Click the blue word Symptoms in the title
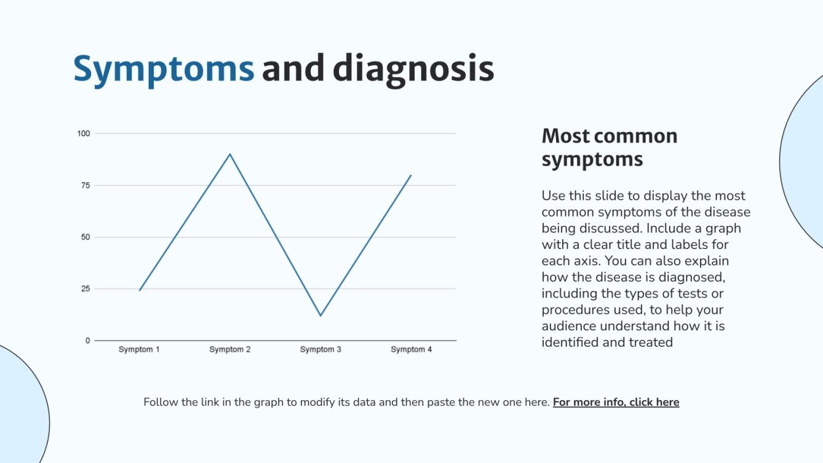[x=164, y=69]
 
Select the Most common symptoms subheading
[x=609, y=147]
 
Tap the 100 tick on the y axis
[x=83, y=133]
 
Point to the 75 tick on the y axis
[x=85, y=185]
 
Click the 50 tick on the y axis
[x=85, y=237]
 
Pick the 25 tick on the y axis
[x=85, y=288]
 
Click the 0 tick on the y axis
[x=87, y=340]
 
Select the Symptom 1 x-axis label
[x=139, y=349]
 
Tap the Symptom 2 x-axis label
[x=230, y=349]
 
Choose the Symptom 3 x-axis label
[x=320, y=349]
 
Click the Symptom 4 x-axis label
[x=411, y=349]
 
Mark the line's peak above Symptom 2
[x=230, y=154]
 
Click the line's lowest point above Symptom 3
[x=320, y=315]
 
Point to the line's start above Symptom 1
[x=140, y=290]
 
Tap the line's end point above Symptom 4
[x=411, y=175]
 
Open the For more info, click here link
[x=616, y=402]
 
